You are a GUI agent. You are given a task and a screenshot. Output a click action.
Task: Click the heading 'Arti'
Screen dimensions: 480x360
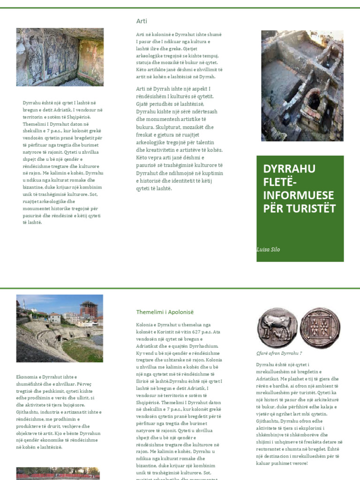(x=142, y=21)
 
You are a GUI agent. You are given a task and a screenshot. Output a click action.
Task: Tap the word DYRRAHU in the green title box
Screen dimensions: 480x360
(x=289, y=169)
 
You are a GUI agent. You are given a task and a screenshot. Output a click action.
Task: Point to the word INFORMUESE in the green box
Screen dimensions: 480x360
(x=299, y=195)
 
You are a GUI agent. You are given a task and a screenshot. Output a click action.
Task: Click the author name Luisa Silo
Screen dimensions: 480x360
(x=269, y=249)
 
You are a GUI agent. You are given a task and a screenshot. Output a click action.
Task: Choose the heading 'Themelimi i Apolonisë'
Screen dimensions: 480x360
(x=165, y=312)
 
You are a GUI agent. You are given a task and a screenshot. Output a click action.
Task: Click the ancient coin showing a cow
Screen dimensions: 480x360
(x=277, y=328)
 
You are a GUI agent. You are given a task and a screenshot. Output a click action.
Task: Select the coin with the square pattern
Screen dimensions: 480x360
(x=320, y=328)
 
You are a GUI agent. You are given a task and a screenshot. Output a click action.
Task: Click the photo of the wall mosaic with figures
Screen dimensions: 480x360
(x=60, y=57)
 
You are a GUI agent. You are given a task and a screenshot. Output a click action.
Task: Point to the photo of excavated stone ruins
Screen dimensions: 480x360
(x=302, y=86)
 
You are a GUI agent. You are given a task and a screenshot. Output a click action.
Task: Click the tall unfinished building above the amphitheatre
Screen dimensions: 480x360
(x=88, y=310)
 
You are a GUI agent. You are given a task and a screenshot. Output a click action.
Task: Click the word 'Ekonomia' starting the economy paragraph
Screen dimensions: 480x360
(x=26, y=377)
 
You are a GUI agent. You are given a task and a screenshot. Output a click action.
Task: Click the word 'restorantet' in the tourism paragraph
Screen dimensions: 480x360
(x=269, y=449)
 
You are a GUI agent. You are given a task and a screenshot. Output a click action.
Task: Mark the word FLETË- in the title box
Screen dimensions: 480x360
(x=279, y=182)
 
